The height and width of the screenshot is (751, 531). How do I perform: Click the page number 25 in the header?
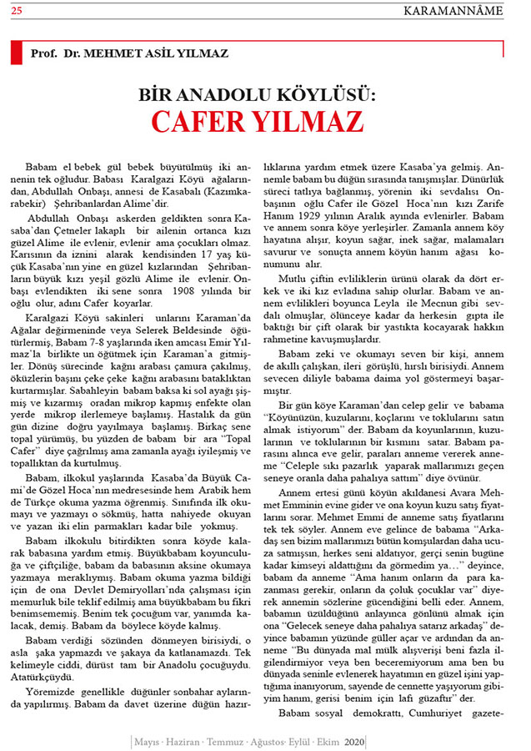pyautogui.click(x=18, y=10)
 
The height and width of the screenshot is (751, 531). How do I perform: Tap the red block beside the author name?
pyautogui.click(x=15, y=53)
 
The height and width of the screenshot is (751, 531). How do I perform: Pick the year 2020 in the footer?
pyautogui.click(x=354, y=740)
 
